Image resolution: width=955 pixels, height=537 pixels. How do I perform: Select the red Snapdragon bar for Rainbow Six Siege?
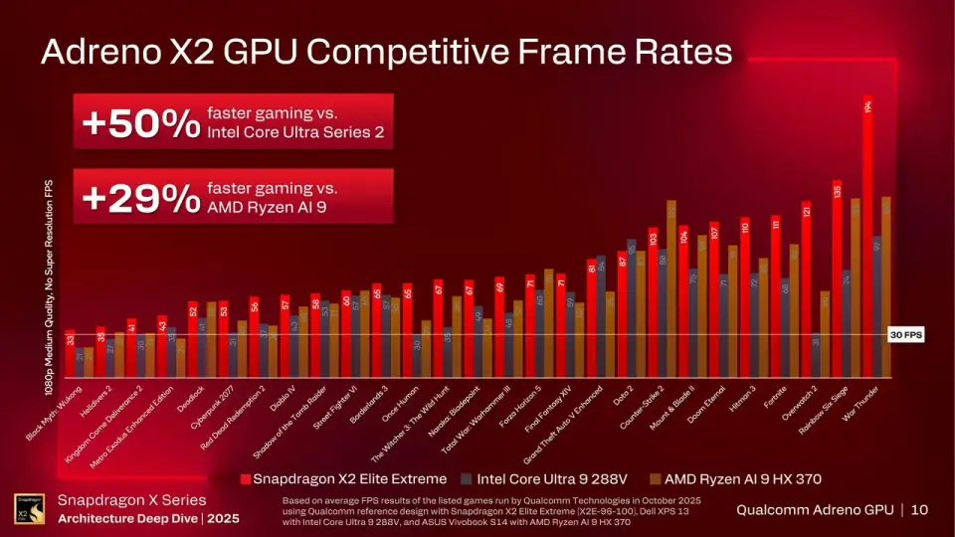pos(837,278)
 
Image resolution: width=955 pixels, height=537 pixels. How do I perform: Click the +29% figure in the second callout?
pos(140,197)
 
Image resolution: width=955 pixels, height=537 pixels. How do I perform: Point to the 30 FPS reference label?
pos(906,335)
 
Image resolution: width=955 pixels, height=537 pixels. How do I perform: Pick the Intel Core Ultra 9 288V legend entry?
pos(540,479)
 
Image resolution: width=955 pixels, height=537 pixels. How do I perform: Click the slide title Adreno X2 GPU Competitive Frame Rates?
pos(386,52)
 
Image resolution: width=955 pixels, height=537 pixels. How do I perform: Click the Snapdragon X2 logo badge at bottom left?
pos(28,508)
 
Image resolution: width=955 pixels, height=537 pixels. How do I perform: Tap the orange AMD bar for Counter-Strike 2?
pos(671,288)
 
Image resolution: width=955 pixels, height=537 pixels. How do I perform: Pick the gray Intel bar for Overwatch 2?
pos(816,355)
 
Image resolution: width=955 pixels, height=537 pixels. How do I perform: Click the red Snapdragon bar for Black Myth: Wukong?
pos(70,353)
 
